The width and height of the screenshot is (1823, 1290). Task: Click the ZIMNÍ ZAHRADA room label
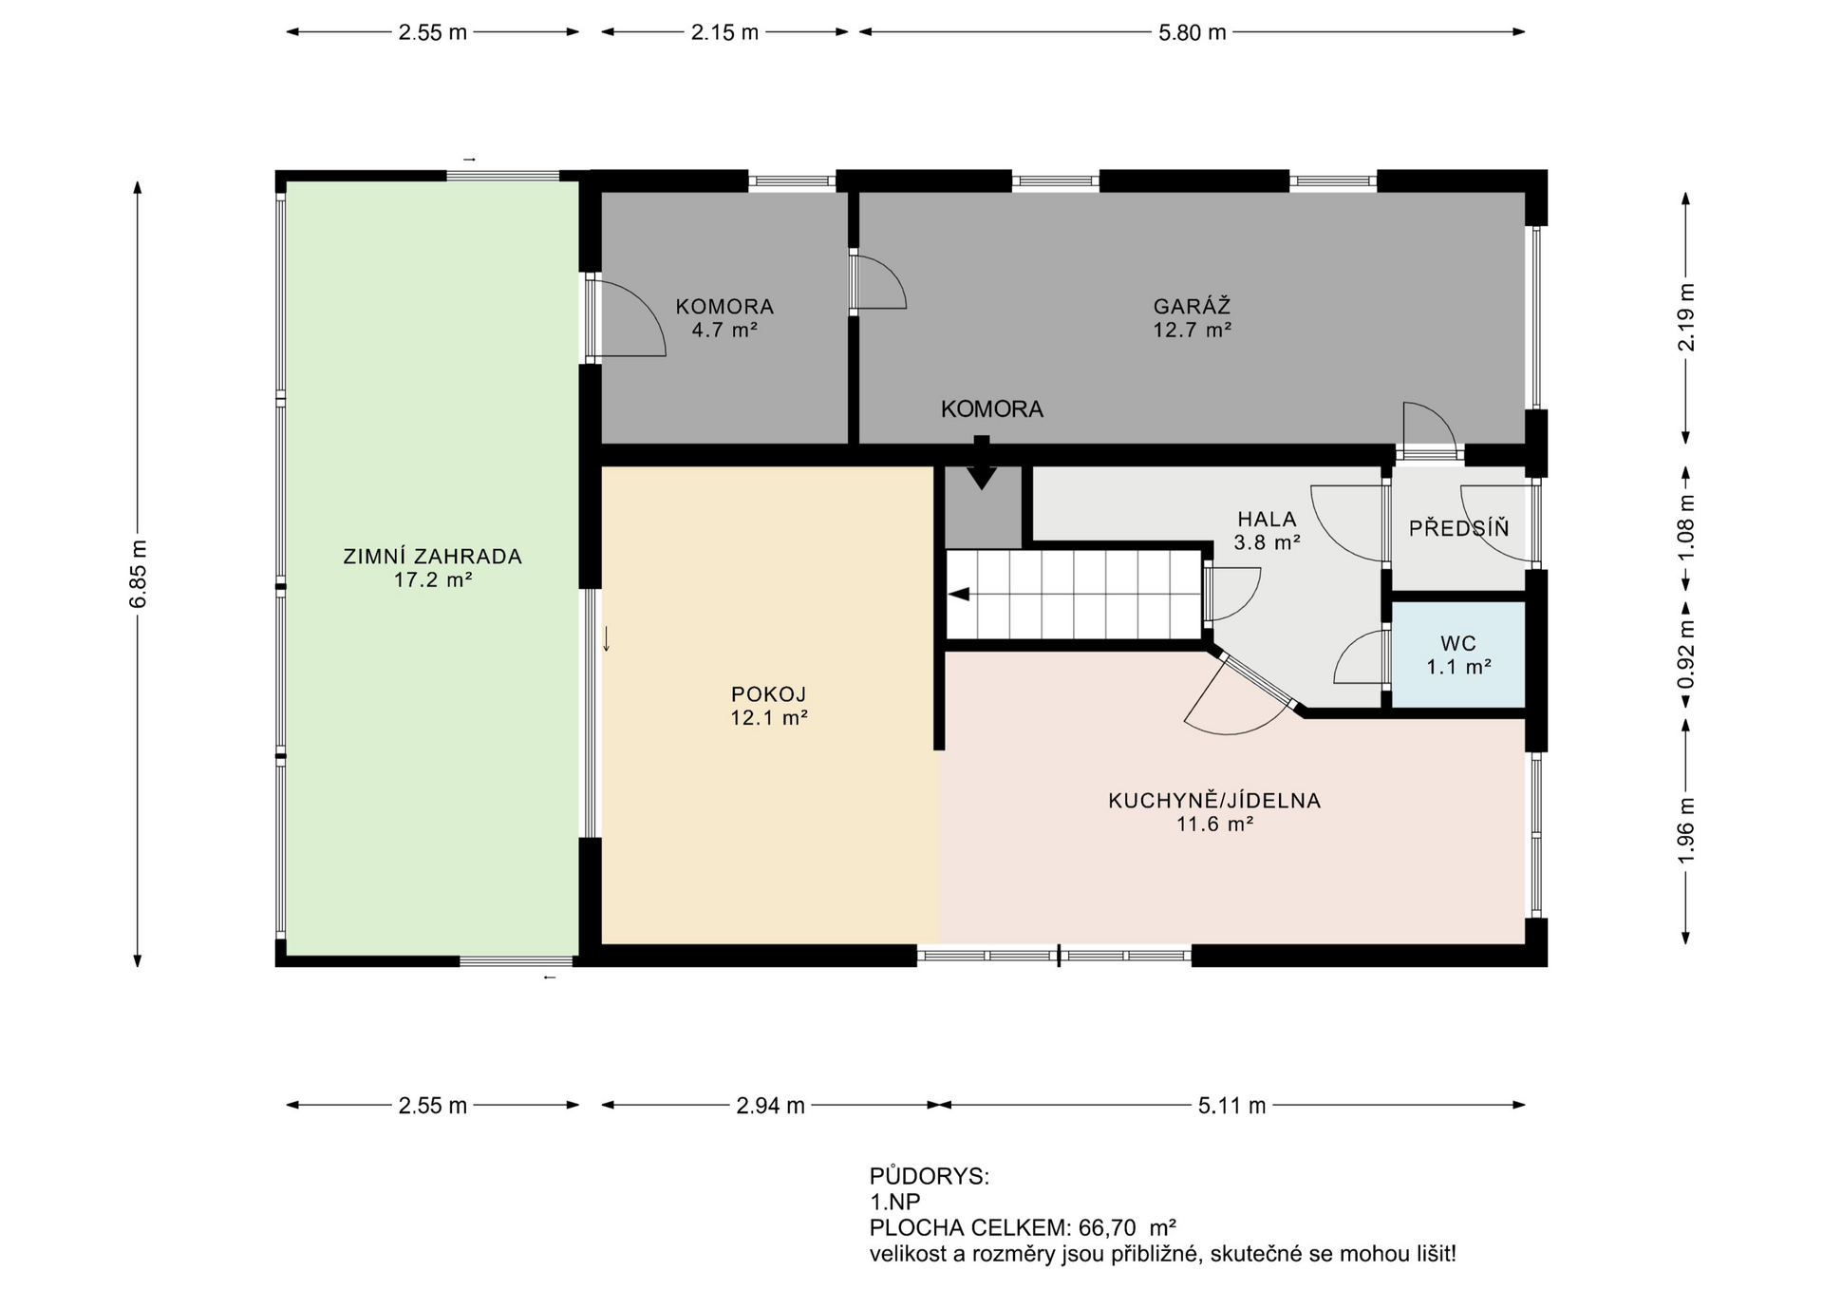pos(432,557)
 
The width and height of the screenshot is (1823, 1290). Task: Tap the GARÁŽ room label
pos(1192,306)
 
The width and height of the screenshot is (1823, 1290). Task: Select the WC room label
pos(1458,644)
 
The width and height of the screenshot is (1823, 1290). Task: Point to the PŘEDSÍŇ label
pos(1458,528)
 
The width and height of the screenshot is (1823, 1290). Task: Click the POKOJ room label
pos(768,694)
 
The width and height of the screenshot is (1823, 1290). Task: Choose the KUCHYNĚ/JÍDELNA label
pos(1214,801)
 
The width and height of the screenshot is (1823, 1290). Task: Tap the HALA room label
pos(1267,520)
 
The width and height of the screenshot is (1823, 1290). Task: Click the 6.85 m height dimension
pos(139,574)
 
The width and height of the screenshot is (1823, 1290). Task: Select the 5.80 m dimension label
pos(1192,32)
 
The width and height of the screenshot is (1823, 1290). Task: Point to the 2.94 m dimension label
pos(770,1106)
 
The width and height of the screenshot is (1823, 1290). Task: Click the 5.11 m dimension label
pos(1231,1106)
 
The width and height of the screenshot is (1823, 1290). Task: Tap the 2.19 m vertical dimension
pos(1686,317)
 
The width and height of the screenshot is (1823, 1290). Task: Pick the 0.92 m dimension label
pos(1686,654)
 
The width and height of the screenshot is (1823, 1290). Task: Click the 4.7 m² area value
pos(724,331)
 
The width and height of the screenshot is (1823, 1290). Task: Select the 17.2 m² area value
pos(433,579)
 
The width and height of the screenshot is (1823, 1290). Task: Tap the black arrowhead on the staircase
pos(959,595)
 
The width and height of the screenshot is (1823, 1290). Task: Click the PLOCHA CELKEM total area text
pos(1024,1227)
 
